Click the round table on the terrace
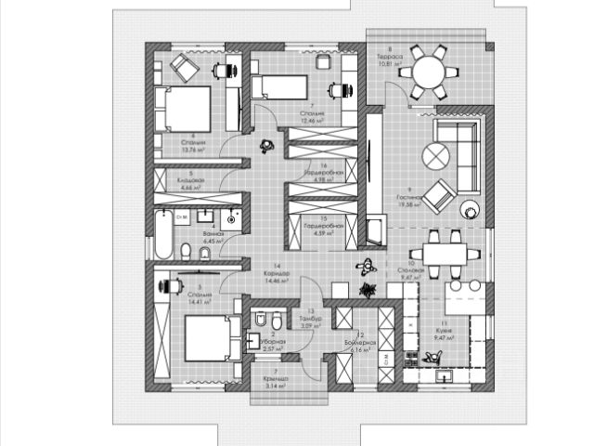(x=430, y=71)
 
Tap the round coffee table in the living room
(x=435, y=154)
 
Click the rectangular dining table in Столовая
(x=442, y=254)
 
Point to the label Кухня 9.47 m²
(x=445, y=334)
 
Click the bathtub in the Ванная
(x=161, y=237)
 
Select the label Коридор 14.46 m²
(x=277, y=275)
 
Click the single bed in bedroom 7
(x=279, y=87)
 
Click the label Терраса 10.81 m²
(x=390, y=60)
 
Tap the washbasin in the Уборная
(x=251, y=342)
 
